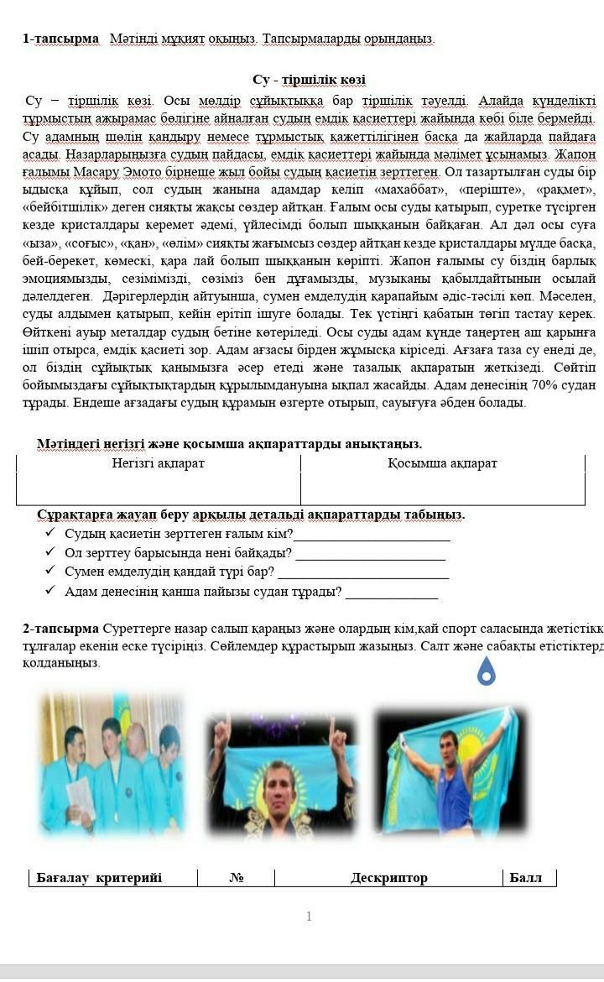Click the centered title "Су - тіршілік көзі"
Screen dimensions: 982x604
309,80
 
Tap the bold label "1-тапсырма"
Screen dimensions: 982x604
60,39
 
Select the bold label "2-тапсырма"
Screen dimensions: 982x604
60,628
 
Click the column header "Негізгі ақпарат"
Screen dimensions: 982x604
159,463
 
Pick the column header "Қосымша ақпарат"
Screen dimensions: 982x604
442,463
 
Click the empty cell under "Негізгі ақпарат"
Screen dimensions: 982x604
159,488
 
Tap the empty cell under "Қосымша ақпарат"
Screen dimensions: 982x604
442,488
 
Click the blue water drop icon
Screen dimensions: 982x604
486,671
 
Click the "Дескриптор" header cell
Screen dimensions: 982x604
389,878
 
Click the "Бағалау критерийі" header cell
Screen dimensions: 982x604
99,878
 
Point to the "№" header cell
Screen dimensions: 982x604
236,878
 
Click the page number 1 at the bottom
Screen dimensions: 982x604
309,916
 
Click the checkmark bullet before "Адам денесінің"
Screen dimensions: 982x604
49,591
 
